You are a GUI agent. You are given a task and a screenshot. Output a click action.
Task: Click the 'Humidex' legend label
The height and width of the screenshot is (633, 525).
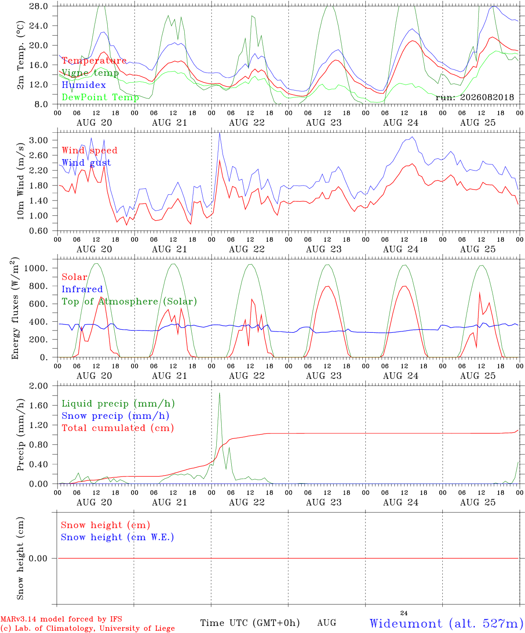[x=84, y=85]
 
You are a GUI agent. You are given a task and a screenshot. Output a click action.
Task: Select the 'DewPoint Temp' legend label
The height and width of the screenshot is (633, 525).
[x=100, y=97]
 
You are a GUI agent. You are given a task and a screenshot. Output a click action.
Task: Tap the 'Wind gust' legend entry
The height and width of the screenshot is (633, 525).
[x=87, y=163]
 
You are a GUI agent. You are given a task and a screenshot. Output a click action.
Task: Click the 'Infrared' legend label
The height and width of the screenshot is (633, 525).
[x=82, y=289]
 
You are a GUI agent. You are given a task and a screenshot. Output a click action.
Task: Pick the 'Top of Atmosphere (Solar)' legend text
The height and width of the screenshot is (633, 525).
[x=130, y=302]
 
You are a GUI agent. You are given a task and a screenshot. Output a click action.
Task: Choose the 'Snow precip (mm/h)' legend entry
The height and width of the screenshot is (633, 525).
[x=116, y=416]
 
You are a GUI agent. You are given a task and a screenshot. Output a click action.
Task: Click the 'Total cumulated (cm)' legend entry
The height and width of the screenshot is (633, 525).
[x=118, y=428]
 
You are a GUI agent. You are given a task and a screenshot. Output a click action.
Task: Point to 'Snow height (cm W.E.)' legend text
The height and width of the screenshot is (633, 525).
[x=117, y=537]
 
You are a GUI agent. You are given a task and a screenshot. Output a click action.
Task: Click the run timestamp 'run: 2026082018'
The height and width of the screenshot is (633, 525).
[x=474, y=97]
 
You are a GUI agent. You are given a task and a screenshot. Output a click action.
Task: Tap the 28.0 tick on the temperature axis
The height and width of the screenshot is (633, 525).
[x=39, y=6]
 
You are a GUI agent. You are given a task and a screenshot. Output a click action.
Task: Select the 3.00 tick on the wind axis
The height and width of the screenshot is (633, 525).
[x=39, y=140]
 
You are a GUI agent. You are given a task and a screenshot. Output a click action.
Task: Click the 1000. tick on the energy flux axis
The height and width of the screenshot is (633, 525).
[x=36, y=268]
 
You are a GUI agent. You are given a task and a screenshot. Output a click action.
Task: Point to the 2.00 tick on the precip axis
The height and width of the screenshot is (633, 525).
[x=39, y=386]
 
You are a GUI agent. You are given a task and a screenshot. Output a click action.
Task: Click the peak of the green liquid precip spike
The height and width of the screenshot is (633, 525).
[x=219, y=393]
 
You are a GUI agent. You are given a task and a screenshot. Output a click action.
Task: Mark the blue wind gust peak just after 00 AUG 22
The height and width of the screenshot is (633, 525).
[x=219, y=133]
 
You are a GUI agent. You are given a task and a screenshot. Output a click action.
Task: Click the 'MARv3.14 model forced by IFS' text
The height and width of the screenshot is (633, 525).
[x=61, y=619]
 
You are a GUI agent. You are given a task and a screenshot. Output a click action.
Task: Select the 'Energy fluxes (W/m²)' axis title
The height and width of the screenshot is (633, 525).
[x=15, y=308]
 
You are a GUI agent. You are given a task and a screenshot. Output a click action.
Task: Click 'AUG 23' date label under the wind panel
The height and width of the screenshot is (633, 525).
[x=324, y=249]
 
